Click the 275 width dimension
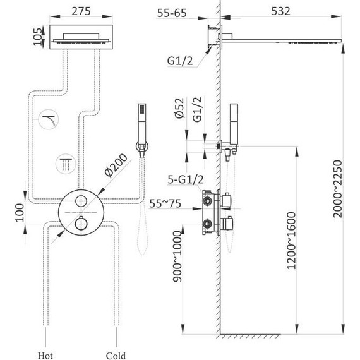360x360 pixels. pyautogui.click(x=81, y=11)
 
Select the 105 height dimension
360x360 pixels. pyautogui.click(x=38, y=37)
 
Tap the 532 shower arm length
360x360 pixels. pyautogui.click(x=280, y=11)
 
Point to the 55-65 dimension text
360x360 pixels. pyautogui.click(x=172, y=13)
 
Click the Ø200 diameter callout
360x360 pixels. pyautogui.click(x=116, y=165)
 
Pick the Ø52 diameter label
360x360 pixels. pyautogui.click(x=179, y=107)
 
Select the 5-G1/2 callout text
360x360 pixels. pyautogui.click(x=186, y=179)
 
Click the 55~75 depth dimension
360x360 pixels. pyautogui.click(x=165, y=203)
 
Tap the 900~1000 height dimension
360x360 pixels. pyautogui.click(x=177, y=256)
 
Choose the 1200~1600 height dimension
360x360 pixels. pyautogui.click(x=292, y=241)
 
